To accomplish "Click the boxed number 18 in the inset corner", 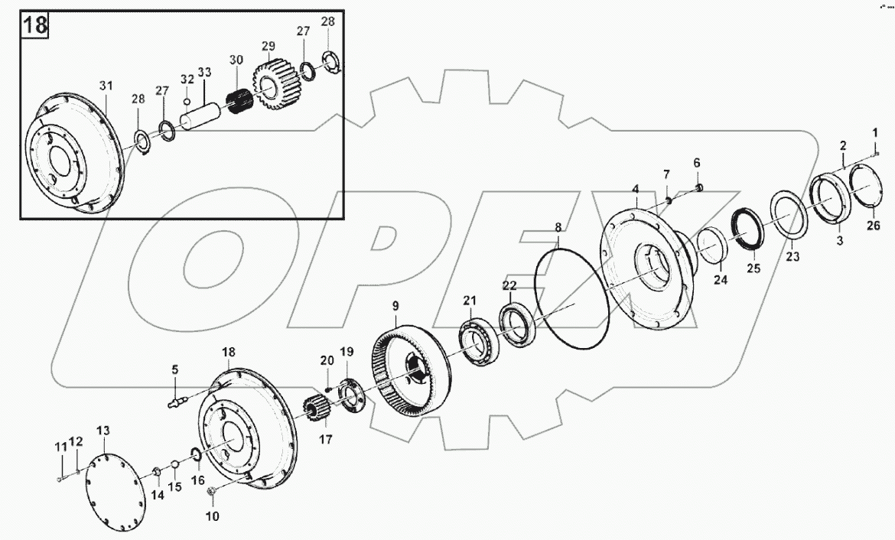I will point(35,24).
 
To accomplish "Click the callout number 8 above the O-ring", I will point(558,227).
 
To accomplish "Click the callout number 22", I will point(509,285).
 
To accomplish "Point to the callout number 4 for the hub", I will point(634,189).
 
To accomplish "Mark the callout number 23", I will point(792,257).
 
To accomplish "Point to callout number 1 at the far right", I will point(874,133).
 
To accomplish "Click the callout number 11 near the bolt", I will point(60,446).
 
